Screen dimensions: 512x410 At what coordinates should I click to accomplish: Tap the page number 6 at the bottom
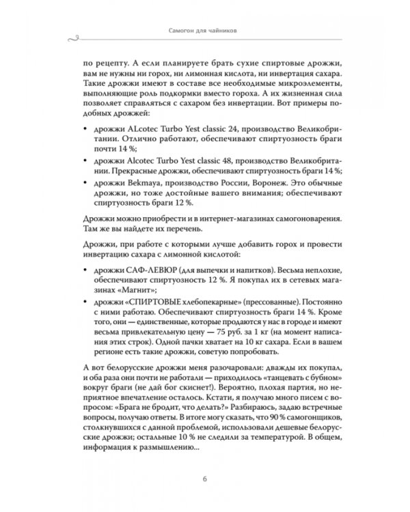[205, 477]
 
